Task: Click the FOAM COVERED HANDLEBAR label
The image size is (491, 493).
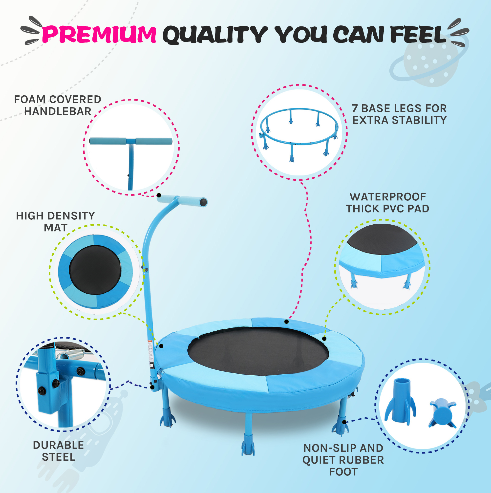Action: [58, 105]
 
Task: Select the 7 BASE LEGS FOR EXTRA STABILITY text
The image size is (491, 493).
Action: [399, 114]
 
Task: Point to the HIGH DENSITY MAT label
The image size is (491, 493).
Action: [56, 221]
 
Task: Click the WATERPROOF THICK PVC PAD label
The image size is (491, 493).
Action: [388, 203]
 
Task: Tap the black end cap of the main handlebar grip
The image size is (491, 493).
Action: [203, 202]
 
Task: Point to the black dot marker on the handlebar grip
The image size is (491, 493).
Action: [159, 195]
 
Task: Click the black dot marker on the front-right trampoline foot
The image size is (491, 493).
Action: [344, 422]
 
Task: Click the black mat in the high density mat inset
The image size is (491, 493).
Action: [95, 270]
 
